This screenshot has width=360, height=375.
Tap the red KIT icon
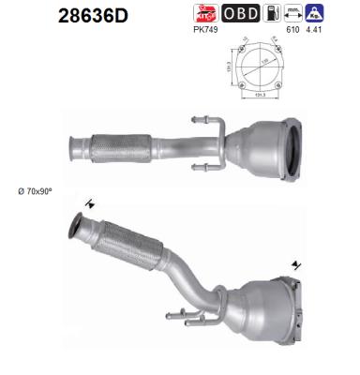tap(204, 14)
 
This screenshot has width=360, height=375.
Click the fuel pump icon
tap(273, 14)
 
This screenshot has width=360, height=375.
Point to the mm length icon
tap(294, 14)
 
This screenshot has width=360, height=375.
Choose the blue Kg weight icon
tap(316, 14)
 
